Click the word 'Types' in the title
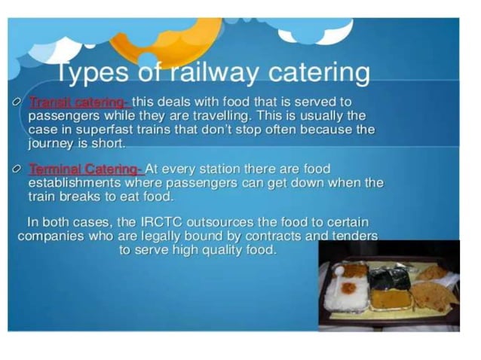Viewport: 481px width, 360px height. tap(95, 74)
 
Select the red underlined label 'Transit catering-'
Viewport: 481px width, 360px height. tap(78, 102)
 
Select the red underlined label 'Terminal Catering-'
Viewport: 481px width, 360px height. tap(85, 169)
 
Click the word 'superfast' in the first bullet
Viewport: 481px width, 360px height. tap(110, 130)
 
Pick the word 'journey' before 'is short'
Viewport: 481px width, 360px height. tap(53, 143)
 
